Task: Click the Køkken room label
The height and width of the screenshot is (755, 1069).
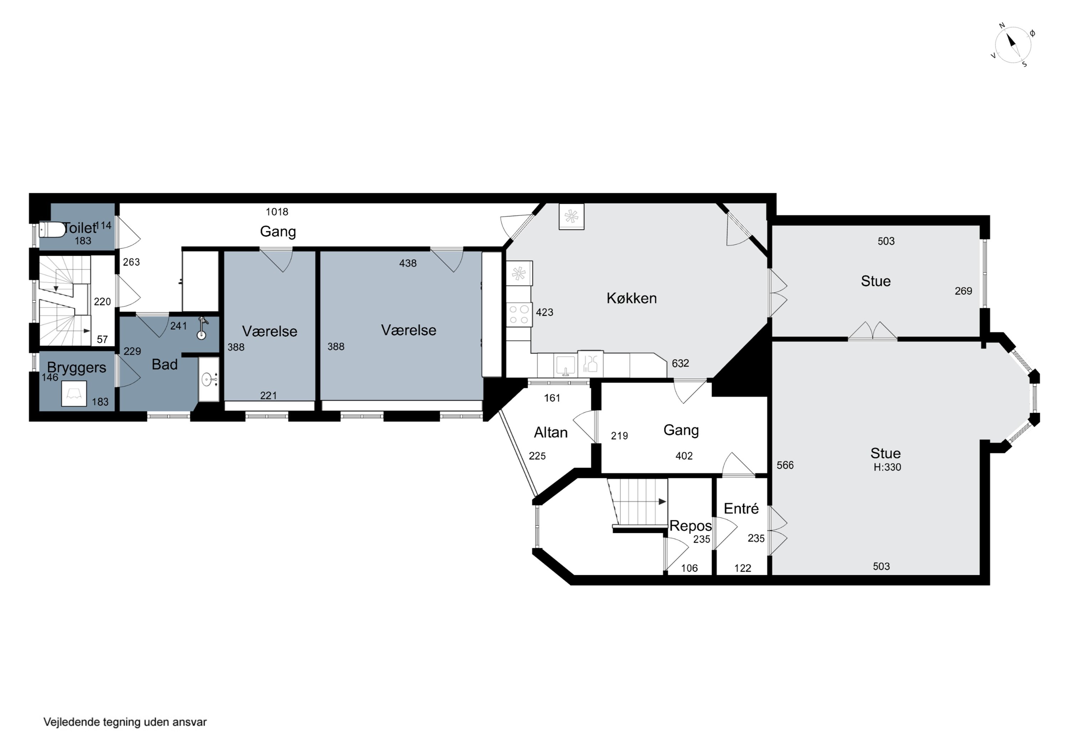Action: point(631,298)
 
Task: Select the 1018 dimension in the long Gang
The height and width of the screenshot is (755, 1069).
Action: point(277,212)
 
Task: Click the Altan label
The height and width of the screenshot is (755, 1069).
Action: point(551,432)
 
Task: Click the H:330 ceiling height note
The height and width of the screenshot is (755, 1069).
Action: point(887,467)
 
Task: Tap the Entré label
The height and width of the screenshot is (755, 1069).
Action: point(741,508)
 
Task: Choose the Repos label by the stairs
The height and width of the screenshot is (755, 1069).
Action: point(691,526)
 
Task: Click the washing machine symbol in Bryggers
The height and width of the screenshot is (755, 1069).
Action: point(74,394)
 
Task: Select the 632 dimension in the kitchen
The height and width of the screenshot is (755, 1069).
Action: point(680,363)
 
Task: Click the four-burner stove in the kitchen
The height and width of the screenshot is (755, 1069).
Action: point(519,314)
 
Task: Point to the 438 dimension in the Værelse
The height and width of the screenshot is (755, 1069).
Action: point(408,263)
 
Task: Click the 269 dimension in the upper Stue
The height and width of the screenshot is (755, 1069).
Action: point(963,291)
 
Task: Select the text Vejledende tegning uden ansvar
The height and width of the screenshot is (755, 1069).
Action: point(125,722)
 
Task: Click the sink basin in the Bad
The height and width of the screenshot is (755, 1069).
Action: point(208,380)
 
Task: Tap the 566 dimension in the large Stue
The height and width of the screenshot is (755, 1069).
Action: point(785,465)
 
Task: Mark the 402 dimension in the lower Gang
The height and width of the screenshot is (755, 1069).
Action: point(684,456)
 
